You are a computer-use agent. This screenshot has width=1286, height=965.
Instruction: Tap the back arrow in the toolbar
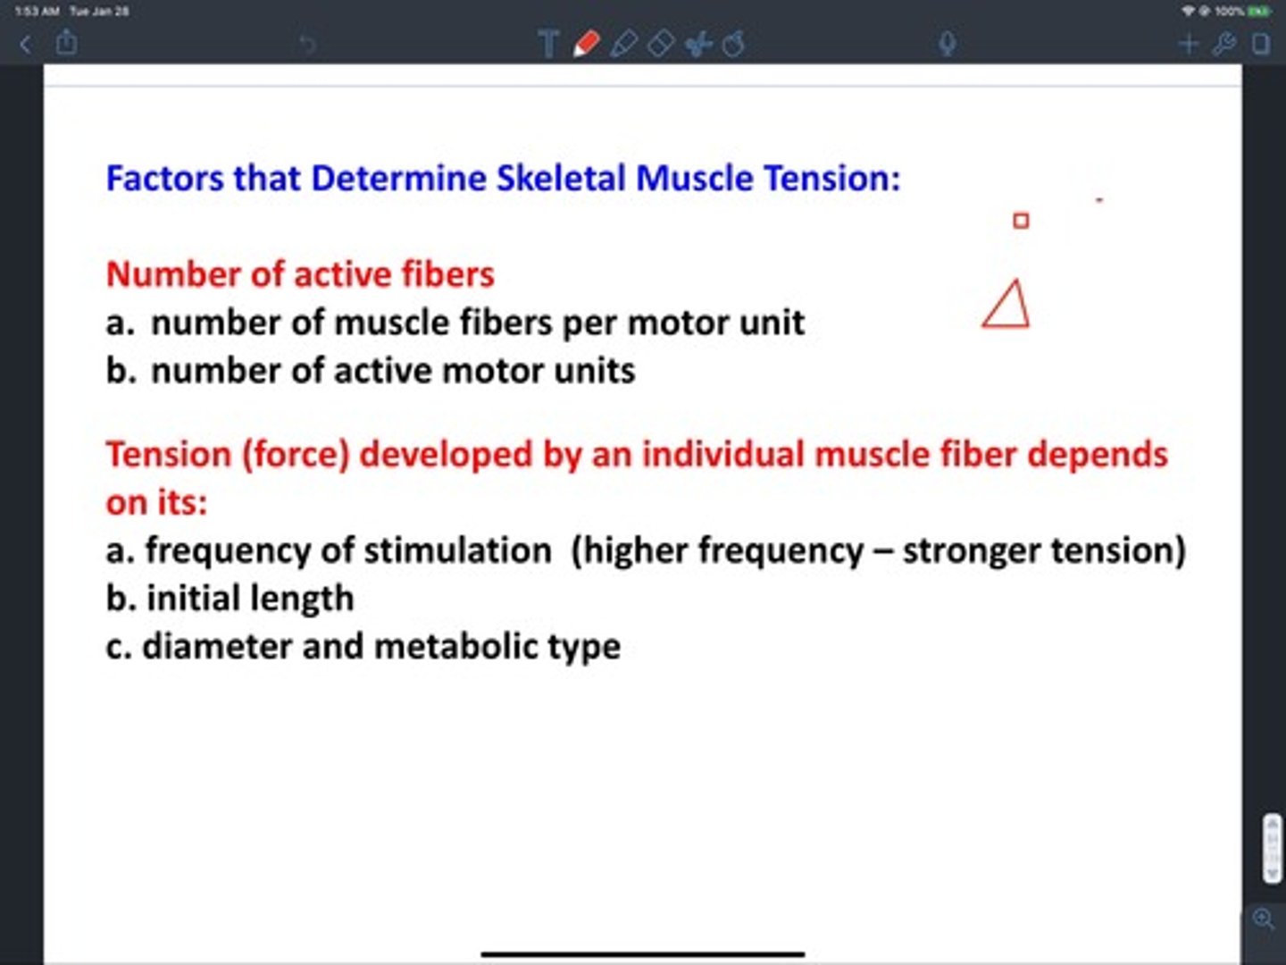coord(25,44)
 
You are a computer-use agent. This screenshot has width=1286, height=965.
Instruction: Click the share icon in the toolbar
coord(66,42)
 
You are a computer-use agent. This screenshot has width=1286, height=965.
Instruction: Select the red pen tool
coord(586,44)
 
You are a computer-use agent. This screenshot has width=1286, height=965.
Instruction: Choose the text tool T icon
coord(548,44)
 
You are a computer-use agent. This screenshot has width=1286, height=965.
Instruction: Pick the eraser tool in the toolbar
coord(660,44)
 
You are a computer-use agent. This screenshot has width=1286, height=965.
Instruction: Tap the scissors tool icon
coord(697,44)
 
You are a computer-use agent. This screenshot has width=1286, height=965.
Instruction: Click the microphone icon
coord(947,44)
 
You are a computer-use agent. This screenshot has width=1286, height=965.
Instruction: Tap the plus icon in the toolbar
coord(1188,44)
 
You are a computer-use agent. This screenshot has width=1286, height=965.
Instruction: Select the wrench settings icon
coord(1224,44)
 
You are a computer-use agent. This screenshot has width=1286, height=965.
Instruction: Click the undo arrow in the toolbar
coord(307,44)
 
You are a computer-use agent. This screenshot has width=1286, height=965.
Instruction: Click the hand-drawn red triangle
coord(1007,306)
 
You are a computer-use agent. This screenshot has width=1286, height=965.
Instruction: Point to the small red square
coord(1021,220)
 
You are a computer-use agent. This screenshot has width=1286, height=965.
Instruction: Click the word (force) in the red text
coord(295,455)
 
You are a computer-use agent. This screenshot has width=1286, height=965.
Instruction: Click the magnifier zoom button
coord(1263,919)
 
